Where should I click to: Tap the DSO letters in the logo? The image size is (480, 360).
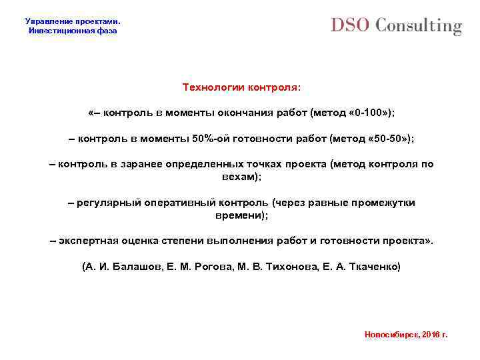tap(351, 25)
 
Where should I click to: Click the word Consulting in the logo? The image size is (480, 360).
tap(418, 27)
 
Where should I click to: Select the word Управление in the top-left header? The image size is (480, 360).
tap(47, 21)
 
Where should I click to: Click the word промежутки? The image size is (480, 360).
tap(382, 203)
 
